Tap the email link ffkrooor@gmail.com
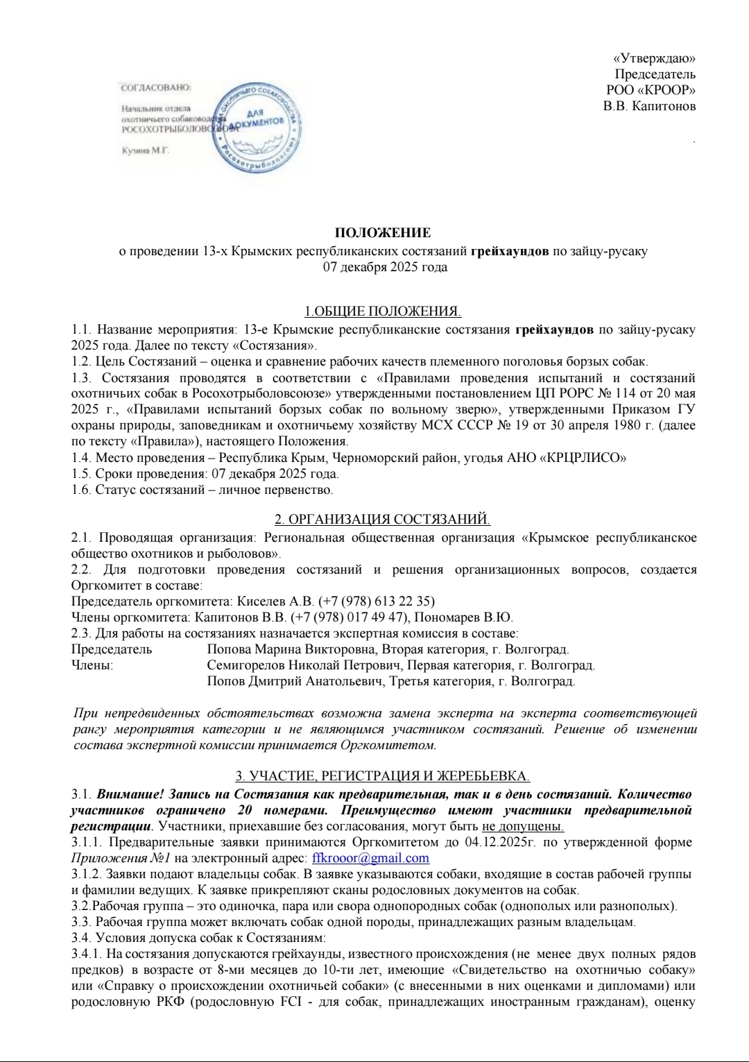(371, 858)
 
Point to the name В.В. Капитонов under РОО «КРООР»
(649, 106)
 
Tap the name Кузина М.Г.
(146, 150)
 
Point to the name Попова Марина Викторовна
(278, 649)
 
